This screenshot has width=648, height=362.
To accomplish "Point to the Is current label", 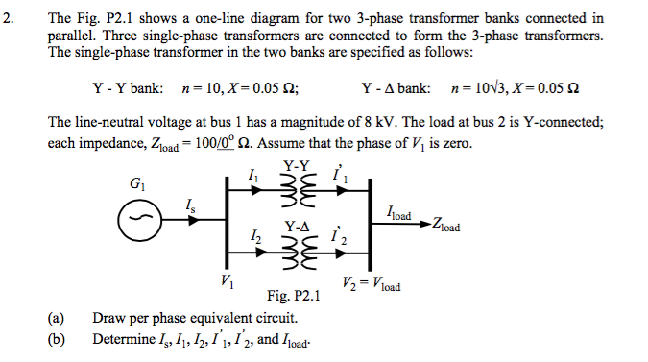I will tap(190, 204).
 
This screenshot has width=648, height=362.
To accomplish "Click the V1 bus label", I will tap(226, 282).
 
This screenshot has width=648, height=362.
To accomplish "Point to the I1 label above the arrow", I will tap(252, 175).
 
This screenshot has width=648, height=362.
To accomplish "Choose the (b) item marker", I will tap(55, 339).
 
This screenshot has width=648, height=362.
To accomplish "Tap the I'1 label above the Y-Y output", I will tap(338, 176).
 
